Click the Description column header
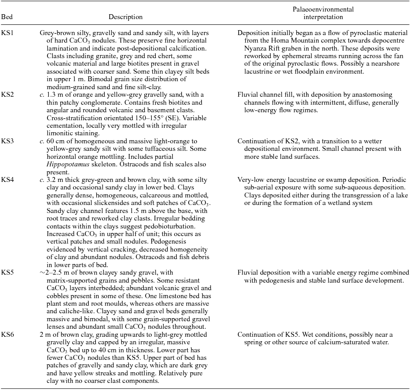point(126,17)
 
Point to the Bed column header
point(7,17)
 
